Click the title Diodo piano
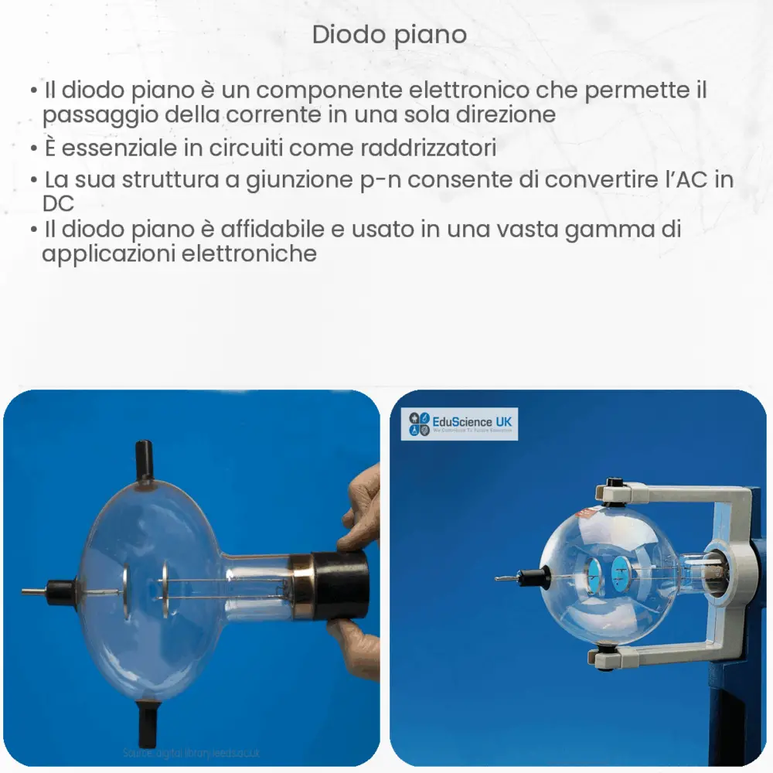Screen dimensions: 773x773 [390, 35]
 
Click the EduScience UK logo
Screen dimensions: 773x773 [459, 425]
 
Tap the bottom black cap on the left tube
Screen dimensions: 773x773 [147, 724]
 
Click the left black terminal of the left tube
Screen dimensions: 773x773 [59, 591]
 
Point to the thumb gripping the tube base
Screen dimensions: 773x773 [354, 533]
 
